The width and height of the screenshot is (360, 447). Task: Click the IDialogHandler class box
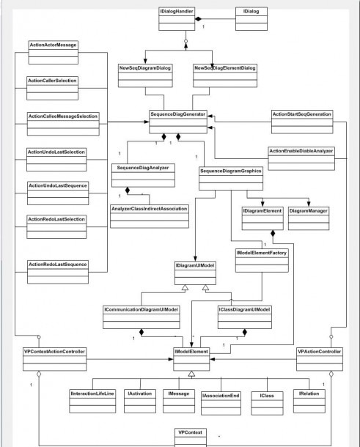177,19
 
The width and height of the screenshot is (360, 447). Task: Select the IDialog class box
251,19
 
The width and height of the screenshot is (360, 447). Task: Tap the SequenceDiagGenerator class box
178,122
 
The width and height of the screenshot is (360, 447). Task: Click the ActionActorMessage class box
54,53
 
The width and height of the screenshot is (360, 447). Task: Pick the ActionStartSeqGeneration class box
302,122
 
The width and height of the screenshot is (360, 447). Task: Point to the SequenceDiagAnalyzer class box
143,175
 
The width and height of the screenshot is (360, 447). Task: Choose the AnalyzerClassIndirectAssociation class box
150,216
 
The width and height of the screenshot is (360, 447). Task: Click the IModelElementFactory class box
262,261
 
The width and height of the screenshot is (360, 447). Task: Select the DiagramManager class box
309,218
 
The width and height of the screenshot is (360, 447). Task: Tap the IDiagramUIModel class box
196,273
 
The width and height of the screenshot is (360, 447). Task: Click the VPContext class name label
191,432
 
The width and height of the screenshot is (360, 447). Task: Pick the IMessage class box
179,401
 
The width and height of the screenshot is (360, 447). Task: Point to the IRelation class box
309,401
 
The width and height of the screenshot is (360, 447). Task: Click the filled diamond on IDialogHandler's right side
198,19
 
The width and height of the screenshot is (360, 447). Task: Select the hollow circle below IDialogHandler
186,41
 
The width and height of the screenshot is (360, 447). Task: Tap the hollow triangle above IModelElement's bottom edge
191,374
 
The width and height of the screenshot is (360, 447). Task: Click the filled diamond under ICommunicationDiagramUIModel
142,332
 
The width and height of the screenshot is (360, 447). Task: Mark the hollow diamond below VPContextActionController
39,374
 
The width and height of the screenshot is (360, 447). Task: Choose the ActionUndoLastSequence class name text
58,185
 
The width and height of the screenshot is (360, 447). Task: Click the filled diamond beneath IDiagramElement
273,233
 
